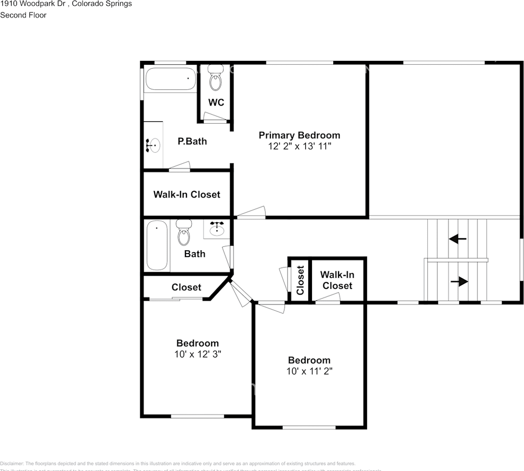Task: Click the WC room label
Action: point(216,103)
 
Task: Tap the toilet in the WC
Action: point(215,79)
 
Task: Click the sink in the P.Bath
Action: point(154,145)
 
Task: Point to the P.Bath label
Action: point(192,141)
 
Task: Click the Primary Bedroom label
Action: point(299,135)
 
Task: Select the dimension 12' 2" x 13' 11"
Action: point(299,146)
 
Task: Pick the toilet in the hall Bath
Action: point(184,233)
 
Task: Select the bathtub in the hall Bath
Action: point(157,245)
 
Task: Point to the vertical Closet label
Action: point(300,280)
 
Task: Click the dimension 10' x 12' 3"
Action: point(197,354)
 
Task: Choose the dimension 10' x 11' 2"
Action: point(309,371)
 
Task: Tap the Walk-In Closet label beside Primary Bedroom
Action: point(186,195)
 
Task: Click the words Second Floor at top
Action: point(23,15)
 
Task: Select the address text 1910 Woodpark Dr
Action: point(30,4)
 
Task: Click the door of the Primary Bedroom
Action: point(251,212)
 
